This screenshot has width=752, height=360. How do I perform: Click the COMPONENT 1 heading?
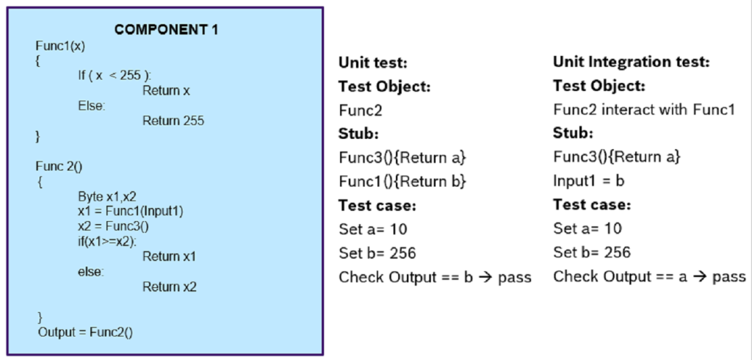pos(166,30)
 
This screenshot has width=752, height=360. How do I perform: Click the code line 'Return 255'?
pos(173,120)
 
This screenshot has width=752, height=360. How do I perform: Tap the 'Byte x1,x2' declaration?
pos(107,196)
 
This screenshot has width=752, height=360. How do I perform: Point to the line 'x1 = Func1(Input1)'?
pos(130,212)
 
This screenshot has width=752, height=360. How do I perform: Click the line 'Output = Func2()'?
pos(85,332)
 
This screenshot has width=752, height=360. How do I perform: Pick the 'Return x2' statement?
pos(170,287)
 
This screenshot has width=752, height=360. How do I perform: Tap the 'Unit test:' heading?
pos(372,62)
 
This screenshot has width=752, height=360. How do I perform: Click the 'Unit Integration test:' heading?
pos(631,62)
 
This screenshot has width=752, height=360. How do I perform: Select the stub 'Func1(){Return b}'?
pos(402,181)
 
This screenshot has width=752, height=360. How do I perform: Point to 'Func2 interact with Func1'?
pos(643,109)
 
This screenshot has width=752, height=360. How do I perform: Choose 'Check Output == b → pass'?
pos(435,277)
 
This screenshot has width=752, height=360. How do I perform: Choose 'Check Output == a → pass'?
pos(649,277)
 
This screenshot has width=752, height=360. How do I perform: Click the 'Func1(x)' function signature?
pos(60,46)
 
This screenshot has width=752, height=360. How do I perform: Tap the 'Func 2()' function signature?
pos(59,166)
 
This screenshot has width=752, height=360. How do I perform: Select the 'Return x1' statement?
pos(170,256)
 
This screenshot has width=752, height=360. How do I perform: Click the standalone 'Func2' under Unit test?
pos(361,110)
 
